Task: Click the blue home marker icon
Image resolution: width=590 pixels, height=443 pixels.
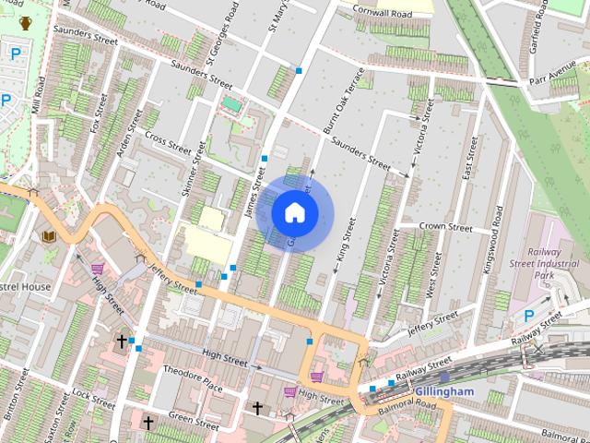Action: tap(294, 212)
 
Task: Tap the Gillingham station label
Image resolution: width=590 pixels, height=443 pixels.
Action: tap(443, 391)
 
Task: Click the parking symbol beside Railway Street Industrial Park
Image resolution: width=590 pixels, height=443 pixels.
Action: tap(529, 316)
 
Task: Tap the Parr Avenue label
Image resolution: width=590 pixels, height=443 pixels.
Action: tap(550, 72)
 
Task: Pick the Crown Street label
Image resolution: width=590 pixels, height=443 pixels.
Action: tap(445, 227)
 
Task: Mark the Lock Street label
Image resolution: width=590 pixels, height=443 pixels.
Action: tap(93, 399)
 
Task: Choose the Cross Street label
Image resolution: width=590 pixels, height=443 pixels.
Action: tap(168, 144)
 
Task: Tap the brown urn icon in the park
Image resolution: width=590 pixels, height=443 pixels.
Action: tap(25, 22)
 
